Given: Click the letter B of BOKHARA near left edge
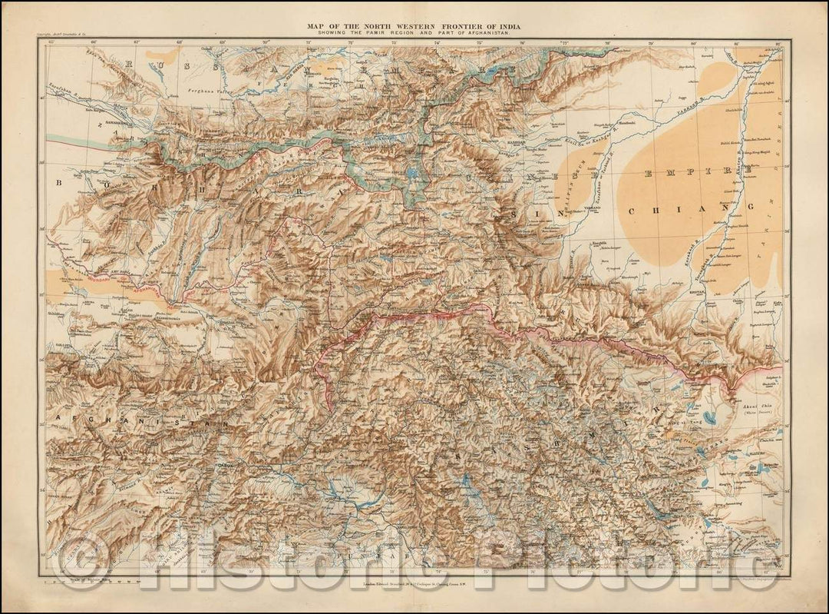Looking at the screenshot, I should coord(58,184).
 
